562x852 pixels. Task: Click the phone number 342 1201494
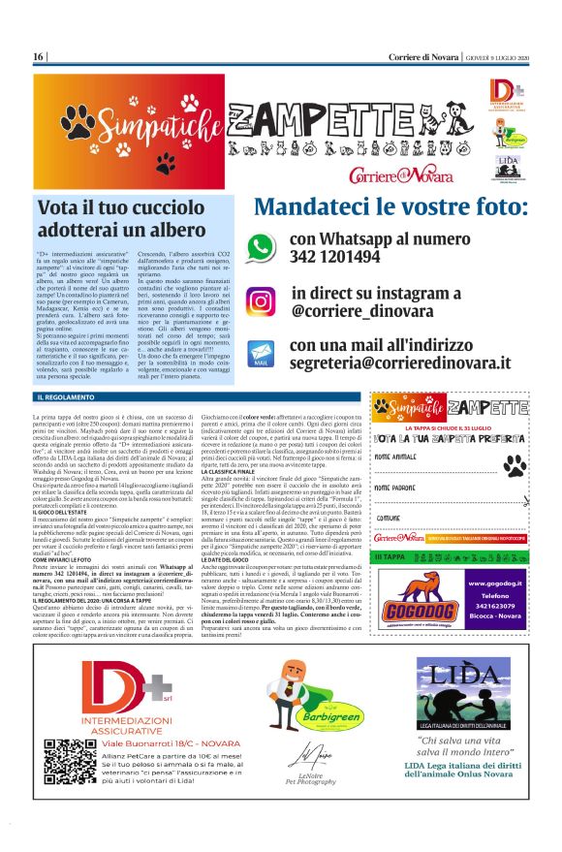[x=334, y=257]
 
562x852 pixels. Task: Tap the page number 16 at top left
[x=39, y=57]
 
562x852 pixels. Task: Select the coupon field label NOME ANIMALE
[x=397, y=456]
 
